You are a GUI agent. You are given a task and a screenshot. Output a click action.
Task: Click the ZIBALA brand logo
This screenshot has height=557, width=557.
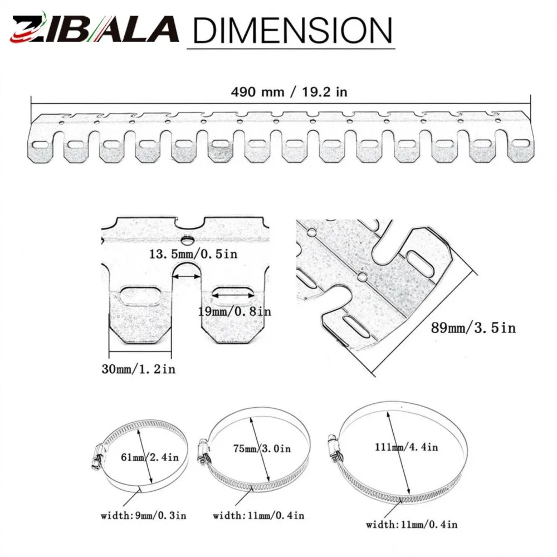tap(95, 28)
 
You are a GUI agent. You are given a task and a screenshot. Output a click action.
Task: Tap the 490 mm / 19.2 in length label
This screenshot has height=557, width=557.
tap(289, 92)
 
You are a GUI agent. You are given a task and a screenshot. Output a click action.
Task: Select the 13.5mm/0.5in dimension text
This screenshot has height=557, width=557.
tap(193, 254)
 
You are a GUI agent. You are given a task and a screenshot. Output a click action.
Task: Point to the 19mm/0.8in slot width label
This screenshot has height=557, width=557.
tap(234, 311)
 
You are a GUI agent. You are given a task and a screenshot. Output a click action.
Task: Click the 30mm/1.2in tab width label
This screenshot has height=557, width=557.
tap(139, 369)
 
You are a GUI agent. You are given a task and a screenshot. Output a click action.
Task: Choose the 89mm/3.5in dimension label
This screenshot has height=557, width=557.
tap(473, 328)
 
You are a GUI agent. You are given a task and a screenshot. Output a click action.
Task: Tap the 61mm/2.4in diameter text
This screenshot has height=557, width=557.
tap(149, 457)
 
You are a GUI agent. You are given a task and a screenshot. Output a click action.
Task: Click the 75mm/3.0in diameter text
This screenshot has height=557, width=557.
tap(262, 448)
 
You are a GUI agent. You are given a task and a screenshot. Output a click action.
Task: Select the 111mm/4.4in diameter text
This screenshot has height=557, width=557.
tap(407, 447)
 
